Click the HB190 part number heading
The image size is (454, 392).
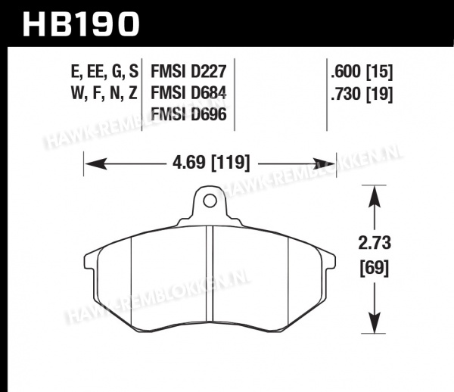coord(81,25)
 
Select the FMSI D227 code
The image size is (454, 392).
coord(188,71)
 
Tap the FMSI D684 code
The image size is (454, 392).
coord(188,93)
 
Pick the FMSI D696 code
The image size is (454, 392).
coord(188,114)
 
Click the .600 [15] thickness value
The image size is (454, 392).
coord(362,71)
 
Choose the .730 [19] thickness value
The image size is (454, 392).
coord(362,94)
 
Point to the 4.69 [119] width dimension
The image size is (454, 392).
coord(211,163)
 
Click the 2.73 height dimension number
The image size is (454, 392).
coord(375,243)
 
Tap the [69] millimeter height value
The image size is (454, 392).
coord(375,268)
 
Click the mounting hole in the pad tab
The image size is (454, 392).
coord(210,201)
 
